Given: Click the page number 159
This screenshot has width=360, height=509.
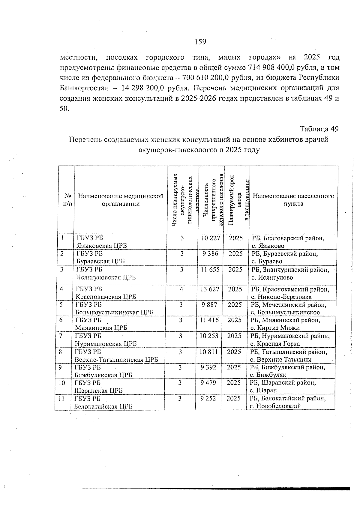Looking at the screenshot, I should pyautogui.click(x=200, y=42).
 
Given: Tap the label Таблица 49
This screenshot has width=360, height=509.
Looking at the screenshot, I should pyautogui.click(x=319, y=129).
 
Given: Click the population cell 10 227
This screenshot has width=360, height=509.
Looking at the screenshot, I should pyautogui.click(x=211, y=238).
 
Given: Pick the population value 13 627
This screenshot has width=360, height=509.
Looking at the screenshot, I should pyautogui.click(x=210, y=289).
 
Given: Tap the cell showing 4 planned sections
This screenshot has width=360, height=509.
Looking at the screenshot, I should pyautogui.click(x=181, y=289).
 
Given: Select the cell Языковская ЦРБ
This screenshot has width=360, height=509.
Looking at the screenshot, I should pyautogui.click(x=102, y=246).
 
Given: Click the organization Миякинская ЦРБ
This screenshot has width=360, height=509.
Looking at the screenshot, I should pyautogui.click(x=101, y=328).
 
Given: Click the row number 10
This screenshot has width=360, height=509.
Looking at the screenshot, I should pyautogui.click(x=61, y=383).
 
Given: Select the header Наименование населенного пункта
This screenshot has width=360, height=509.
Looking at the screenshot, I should pyautogui.click(x=293, y=200).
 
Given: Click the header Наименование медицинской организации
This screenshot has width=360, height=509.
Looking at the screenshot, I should pyautogui.click(x=121, y=200).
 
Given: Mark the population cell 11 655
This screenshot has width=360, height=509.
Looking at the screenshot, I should pyautogui.click(x=210, y=270).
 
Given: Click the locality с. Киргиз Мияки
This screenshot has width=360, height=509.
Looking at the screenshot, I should pyautogui.click(x=275, y=328).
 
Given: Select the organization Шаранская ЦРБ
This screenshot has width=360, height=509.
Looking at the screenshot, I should pyautogui.click(x=99, y=391).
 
